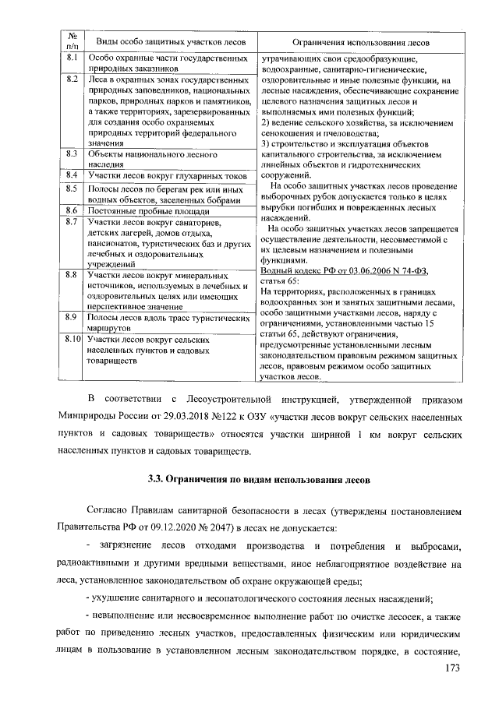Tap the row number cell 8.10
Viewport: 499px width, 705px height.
(x=73, y=340)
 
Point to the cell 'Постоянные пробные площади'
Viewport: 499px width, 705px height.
(x=148, y=211)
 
